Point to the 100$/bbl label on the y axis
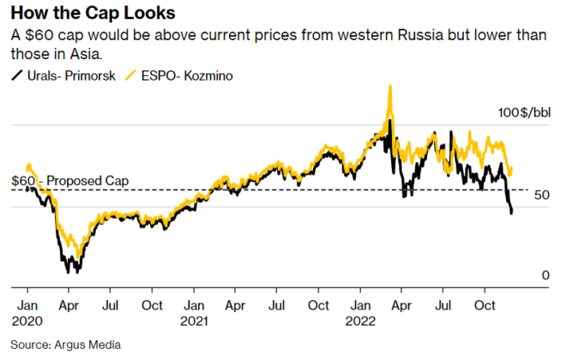(524, 113)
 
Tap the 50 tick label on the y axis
(541, 196)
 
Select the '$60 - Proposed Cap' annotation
(69, 181)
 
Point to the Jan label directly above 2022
(361, 305)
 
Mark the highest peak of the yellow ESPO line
(390, 87)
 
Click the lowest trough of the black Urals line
(69, 272)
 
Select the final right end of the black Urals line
(512, 213)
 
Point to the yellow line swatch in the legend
(131, 75)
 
